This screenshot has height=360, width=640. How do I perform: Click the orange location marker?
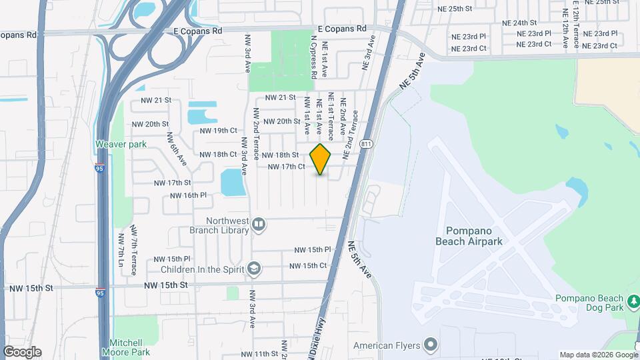click(x=321, y=159)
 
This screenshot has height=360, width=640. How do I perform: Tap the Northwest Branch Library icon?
click(x=258, y=225)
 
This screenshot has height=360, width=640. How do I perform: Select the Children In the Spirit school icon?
click(x=253, y=269)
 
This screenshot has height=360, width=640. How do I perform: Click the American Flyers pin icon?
click(x=431, y=345)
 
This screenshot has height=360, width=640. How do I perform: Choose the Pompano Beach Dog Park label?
click(x=591, y=303)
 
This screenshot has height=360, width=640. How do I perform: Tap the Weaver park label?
click(x=121, y=144)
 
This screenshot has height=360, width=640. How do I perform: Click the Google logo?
click(x=22, y=352)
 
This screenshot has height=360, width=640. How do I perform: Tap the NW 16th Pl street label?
click(x=189, y=195)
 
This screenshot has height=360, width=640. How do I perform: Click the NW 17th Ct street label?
click(x=286, y=167)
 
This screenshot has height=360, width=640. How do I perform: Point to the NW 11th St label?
click(x=259, y=353)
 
